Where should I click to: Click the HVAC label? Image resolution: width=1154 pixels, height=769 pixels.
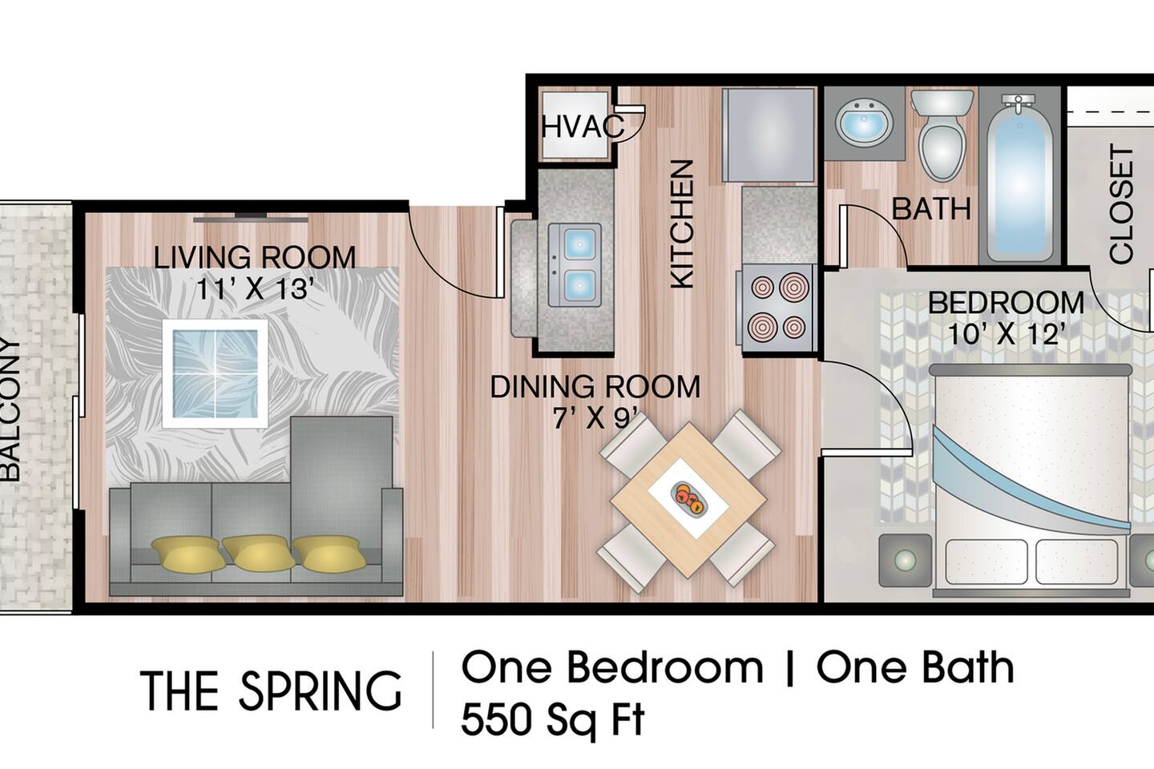tap(583, 127)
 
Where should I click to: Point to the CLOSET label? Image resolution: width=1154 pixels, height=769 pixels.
tap(1121, 204)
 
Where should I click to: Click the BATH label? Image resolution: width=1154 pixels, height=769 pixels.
tap(931, 209)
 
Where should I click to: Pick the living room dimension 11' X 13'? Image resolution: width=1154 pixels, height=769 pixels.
tap(254, 288)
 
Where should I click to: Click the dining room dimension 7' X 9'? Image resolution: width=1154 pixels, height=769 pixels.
tap(595, 417)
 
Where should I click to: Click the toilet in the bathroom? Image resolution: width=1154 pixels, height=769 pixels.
tap(942, 136)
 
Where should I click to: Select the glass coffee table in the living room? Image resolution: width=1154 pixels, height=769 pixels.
tap(215, 373)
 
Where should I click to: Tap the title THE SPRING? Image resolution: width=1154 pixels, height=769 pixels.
tap(271, 691)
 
